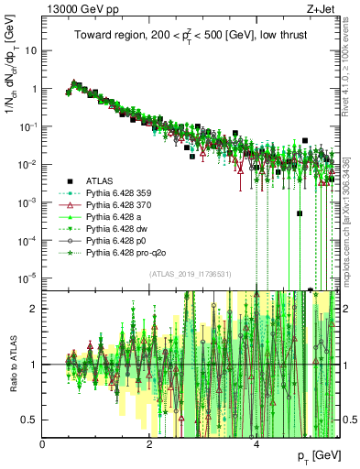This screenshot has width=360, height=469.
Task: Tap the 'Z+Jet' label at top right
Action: [326, 7]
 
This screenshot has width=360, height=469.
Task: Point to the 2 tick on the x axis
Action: [150, 444]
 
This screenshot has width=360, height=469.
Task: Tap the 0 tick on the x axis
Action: [43, 444]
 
